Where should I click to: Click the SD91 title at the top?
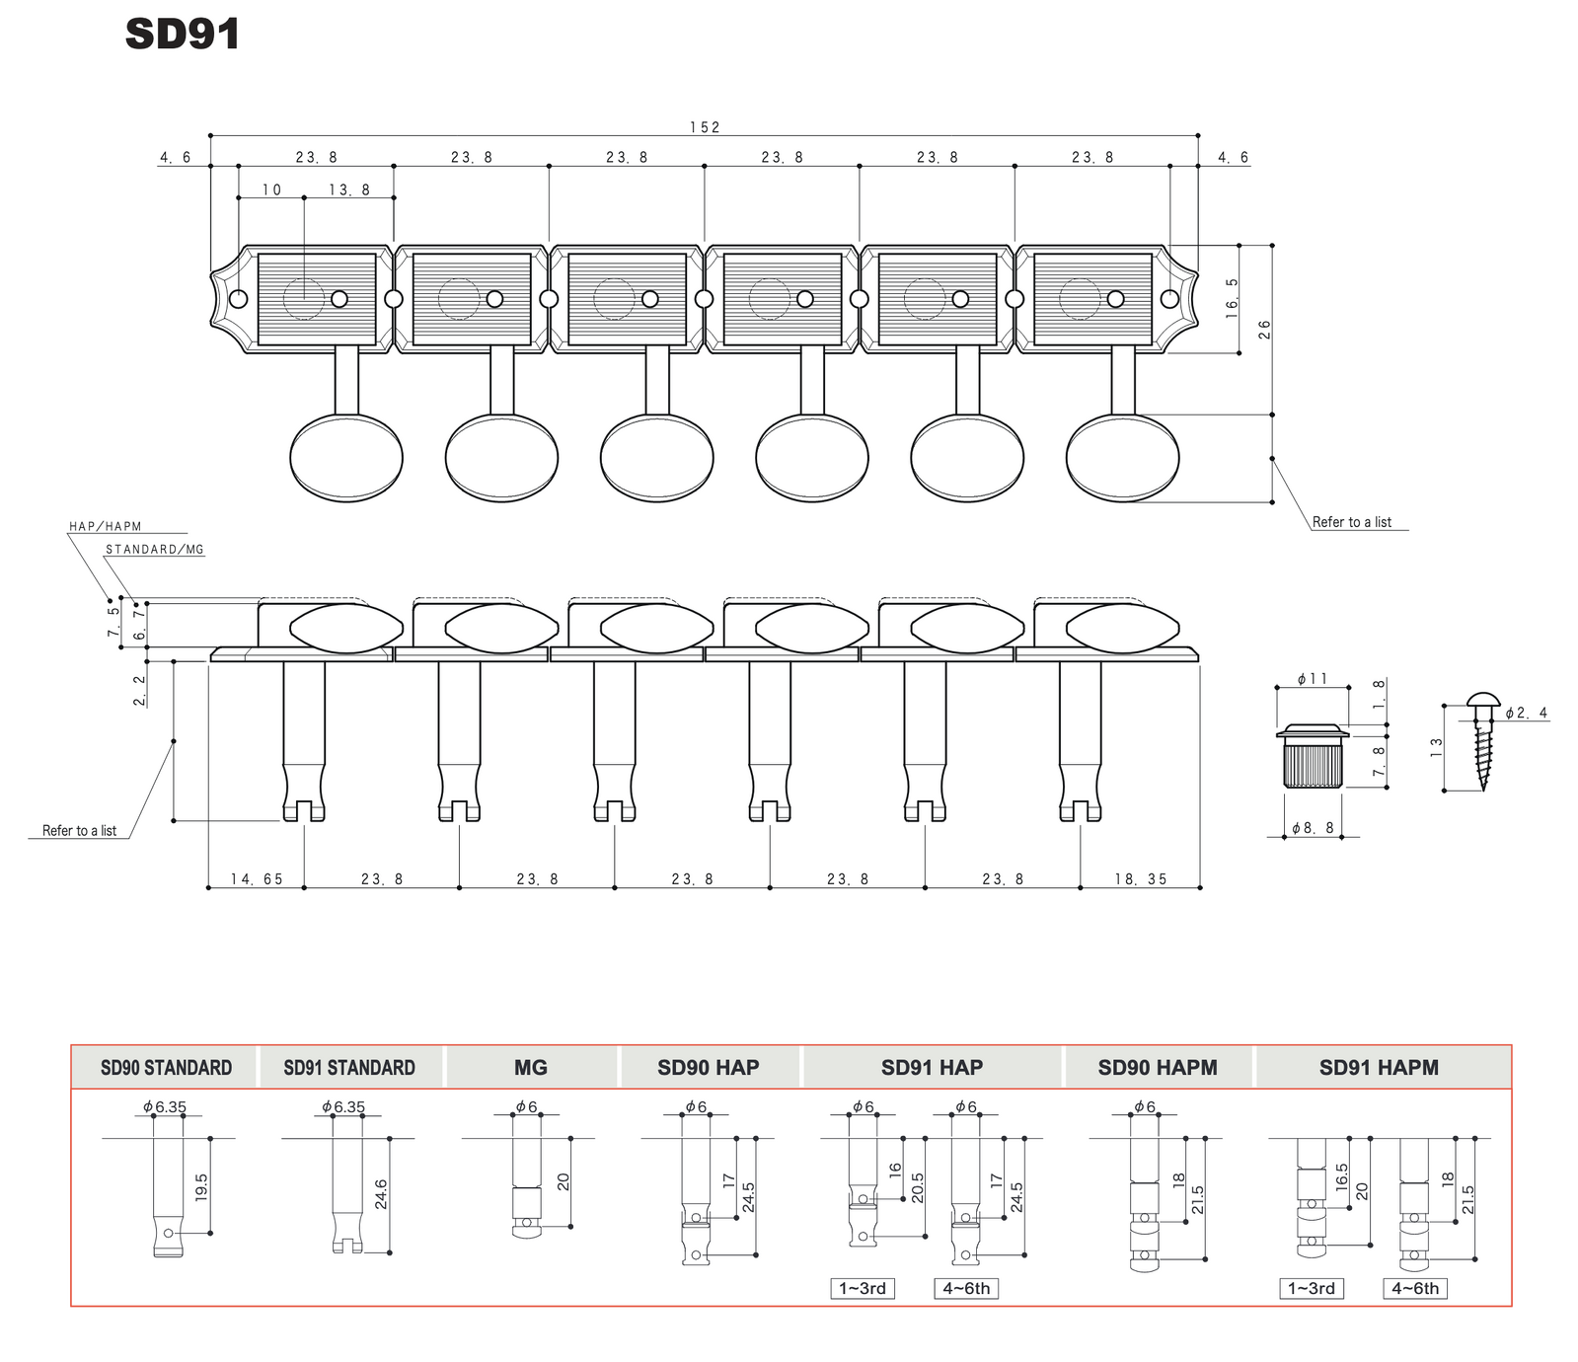(183, 34)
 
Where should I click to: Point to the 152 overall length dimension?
(705, 127)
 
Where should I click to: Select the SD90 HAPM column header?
(1158, 1068)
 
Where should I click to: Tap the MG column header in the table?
(531, 1068)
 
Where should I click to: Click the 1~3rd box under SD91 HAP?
(863, 1288)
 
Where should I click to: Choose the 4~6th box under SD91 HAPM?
(1415, 1288)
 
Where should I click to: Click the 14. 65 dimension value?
(257, 879)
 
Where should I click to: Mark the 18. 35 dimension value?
(1141, 879)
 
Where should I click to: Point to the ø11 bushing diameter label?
(1313, 679)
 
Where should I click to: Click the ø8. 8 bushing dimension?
(1313, 828)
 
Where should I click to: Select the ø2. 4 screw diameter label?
(1526, 713)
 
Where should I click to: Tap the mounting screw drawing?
(1481, 740)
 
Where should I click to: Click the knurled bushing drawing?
(1313, 756)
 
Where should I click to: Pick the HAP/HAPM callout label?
(106, 527)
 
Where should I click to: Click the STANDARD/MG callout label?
(155, 550)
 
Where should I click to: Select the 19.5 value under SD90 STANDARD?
(201, 1185)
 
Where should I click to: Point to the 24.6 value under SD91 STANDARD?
(381, 1194)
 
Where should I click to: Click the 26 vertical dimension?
(1264, 330)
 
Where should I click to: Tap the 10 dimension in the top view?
(271, 189)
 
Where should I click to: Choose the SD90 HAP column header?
(709, 1068)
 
